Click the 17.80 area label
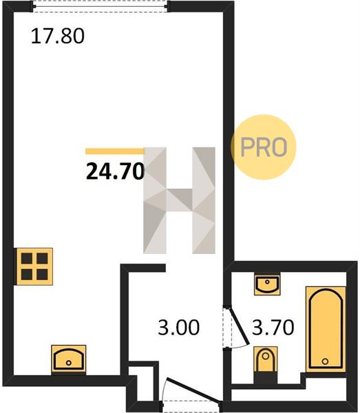coord(58,36)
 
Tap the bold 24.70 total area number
coord(116,171)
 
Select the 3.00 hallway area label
coord(178,328)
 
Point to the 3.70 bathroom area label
coord(273,327)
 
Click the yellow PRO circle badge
coord(264,147)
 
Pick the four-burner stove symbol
coord(34,266)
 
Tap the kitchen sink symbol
coord(69,359)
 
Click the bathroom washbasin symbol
coord(267,284)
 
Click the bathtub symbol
coord(326,330)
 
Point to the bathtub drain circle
coord(326,361)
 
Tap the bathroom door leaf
coord(239,326)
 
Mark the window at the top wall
coord(100,6)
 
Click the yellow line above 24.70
coord(115,151)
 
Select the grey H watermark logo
coord(180,200)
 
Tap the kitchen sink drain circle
coord(69,363)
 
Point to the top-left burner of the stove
coord(27,258)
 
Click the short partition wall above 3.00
coord(143,268)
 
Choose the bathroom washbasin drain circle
coord(267,282)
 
